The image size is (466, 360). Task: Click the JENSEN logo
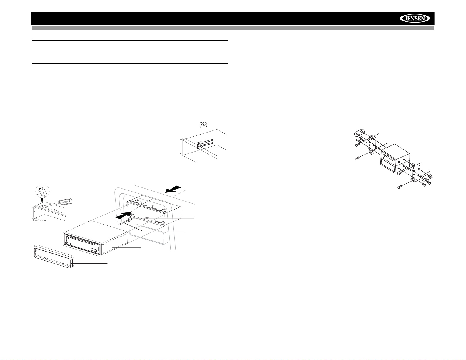tap(415, 19)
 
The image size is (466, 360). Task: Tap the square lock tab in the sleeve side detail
tap(199, 145)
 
